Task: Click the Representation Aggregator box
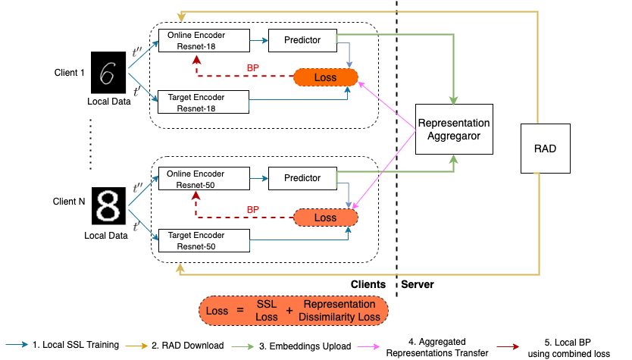(x=454, y=130)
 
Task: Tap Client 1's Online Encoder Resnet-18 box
(x=203, y=39)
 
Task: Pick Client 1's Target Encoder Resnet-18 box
(x=202, y=102)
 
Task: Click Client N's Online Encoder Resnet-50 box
(x=202, y=179)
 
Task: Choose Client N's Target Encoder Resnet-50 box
(x=202, y=241)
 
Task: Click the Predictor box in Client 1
(x=302, y=39)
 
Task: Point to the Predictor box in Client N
(x=302, y=178)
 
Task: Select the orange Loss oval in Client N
(x=325, y=218)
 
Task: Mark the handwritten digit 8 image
(x=106, y=207)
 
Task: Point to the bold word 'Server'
(x=418, y=285)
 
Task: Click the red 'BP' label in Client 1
(x=253, y=67)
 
